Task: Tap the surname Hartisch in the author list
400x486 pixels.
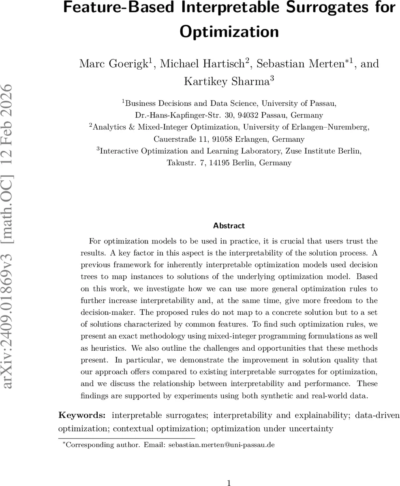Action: coord(224,64)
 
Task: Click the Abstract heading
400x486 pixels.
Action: coord(229,226)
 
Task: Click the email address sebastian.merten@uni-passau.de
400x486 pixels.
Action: coord(222,445)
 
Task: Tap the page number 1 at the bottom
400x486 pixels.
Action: coord(229,482)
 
